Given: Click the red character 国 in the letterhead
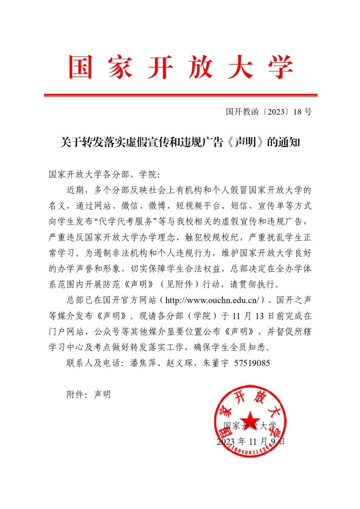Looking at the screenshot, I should tap(81, 67).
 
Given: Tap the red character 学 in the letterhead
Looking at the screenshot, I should tap(280, 67).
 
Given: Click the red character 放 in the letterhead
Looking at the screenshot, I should tap(200, 67).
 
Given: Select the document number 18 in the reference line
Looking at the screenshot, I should tap(297, 112).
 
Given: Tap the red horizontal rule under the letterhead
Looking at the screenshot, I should tap(180, 95).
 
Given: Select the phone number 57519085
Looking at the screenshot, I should tap(252, 363).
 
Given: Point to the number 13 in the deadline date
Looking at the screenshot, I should tap(259, 316).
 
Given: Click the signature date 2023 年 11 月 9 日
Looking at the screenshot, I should tap(251, 442).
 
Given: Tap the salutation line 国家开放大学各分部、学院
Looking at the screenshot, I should tap(104, 174).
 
